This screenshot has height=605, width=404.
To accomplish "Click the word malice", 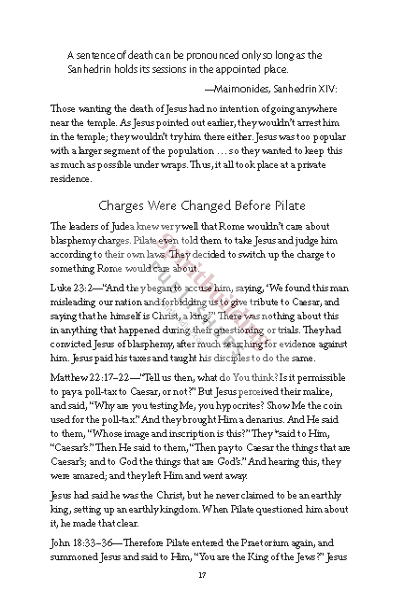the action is pos(333,397).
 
